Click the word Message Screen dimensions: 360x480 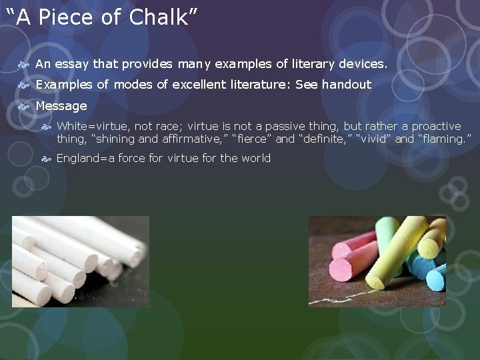61,106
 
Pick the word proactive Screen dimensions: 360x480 436,126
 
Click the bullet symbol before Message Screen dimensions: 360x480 24,106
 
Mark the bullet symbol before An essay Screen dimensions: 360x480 24,64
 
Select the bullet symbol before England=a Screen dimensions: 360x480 46,159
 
